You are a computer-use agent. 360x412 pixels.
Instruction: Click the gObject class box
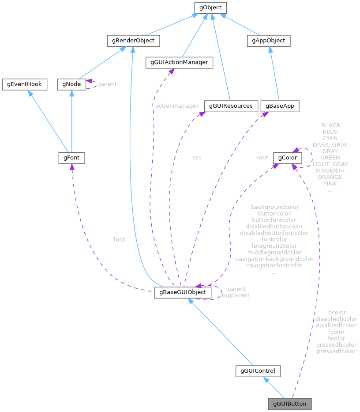tap(210, 8)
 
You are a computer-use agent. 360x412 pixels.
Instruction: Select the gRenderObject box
tap(133, 41)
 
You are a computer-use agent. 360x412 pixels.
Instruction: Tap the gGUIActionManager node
tap(179, 63)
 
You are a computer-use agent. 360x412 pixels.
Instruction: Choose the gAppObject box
tap(268, 41)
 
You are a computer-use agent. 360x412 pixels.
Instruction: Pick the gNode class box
tap(71, 84)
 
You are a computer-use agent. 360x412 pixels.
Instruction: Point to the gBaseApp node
tap(280, 106)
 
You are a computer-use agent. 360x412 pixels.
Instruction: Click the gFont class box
tap(71, 158)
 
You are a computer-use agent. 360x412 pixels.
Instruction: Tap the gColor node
tap(288, 158)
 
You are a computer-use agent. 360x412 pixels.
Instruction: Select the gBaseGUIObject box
tap(183, 292)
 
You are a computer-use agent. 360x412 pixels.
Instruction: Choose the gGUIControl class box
tap(258, 371)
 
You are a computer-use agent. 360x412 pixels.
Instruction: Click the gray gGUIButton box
tap(289, 404)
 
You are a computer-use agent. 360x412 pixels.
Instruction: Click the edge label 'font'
tap(119, 239)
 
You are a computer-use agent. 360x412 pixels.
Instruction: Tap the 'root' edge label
tap(262, 157)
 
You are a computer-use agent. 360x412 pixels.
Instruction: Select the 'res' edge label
tap(197, 157)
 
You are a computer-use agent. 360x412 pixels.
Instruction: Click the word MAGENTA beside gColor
tap(330, 170)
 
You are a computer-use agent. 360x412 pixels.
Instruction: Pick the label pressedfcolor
tap(336, 352)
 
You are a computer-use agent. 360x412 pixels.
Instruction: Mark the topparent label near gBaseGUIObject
tap(236, 295)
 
